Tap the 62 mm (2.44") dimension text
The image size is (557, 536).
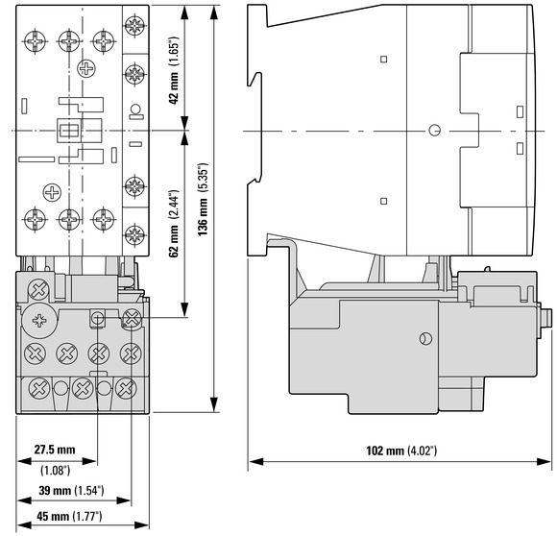tap(174, 224)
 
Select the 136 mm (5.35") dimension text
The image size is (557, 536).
tap(203, 199)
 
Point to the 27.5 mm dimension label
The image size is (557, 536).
tap(55, 450)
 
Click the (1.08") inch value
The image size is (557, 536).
tap(55, 471)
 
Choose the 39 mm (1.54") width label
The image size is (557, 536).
tap(71, 491)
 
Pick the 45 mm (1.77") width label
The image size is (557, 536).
tap(69, 516)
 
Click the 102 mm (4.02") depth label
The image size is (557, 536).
tap(401, 451)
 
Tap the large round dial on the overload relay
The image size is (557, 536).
tap(39, 321)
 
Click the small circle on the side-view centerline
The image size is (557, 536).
tap(434, 131)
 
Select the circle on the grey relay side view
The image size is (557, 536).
tap(425, 338)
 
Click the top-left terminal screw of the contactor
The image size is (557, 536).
tap(35, 41)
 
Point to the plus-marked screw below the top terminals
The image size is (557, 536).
tap(86, 68)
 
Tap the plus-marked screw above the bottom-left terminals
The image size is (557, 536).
tap(52, 192)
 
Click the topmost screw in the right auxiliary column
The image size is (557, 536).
tap(135, 26)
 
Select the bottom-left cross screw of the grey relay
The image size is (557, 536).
tap(39, 388)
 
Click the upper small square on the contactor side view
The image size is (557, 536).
tap(383, 59)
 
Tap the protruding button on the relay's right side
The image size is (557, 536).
tap(546, 318)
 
